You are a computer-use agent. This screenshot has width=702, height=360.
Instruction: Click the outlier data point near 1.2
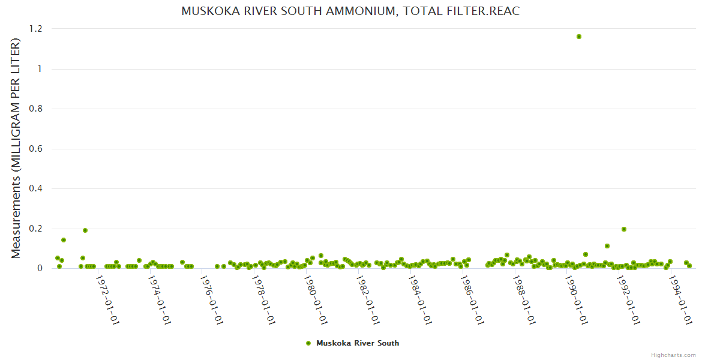(x=579, y=37)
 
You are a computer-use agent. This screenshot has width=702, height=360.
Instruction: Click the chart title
(x=350, y=11)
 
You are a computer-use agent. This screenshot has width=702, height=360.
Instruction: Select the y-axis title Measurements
(x=16, y=148)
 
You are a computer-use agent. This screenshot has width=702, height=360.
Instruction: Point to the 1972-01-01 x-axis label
(x=107, y=300)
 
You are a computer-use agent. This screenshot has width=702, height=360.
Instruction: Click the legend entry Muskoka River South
(x=357, y=343)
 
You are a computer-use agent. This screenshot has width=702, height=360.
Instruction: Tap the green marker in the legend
(x=308, y=343)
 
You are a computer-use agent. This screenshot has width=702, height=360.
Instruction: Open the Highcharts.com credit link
(x=673, y=355)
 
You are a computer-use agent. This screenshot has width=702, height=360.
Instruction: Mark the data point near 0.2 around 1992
(x=624, y=229)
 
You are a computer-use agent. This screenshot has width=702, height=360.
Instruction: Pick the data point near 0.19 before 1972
(x=85, y=230)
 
